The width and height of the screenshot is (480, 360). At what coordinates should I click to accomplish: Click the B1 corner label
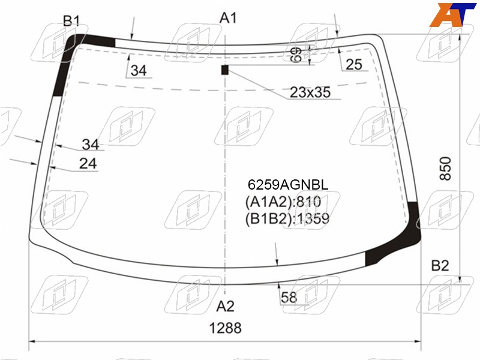[x=71, y=21]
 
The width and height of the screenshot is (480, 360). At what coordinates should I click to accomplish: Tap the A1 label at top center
[x=228, y=18]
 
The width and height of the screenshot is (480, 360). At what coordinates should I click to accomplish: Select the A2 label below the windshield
[x=226, y=306]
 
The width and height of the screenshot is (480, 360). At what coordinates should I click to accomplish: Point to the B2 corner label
[x=440, y=265]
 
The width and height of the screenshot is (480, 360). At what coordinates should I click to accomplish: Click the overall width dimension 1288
[x=226, y=328]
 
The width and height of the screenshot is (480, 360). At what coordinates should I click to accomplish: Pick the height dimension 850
[x=445, y=169]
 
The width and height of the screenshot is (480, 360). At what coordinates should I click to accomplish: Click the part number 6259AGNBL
[x=288, y=185]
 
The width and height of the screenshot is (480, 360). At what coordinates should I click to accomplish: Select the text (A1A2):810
[x=283, y=202]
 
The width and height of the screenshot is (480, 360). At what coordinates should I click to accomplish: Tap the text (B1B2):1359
[x=287, y=218]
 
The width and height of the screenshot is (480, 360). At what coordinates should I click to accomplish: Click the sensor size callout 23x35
[x=310, y=92]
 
